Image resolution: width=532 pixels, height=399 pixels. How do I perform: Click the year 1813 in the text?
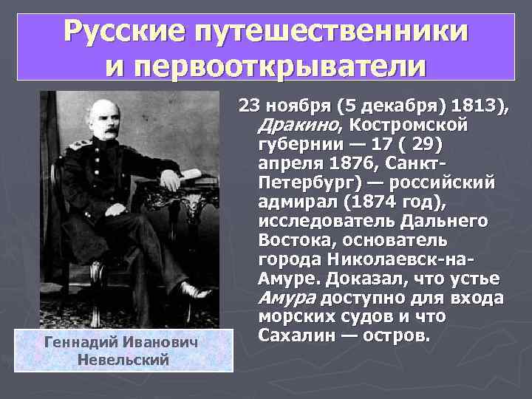point(479,105)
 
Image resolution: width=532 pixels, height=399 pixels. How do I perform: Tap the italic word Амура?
point(287,298)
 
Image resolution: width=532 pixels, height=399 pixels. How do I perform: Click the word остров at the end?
point(395,336)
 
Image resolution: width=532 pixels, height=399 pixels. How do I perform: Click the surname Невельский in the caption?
point(123,360)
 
